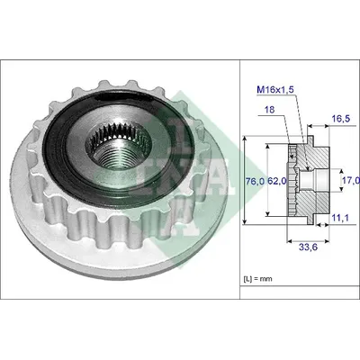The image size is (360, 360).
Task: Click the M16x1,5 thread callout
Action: click(x=274, y=89)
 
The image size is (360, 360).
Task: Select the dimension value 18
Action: click(x=269, y=110)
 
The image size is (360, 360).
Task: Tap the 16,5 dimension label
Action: click(x=341, y=119)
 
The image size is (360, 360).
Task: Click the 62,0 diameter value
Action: click(x=276, y=181)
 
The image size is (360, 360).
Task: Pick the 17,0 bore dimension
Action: click(x=351, y=180)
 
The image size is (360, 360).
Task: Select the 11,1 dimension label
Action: click(x=340, y=218)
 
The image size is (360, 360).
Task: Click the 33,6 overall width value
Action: click(x=308, y=247)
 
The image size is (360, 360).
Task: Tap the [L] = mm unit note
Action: click(x=258, y=279)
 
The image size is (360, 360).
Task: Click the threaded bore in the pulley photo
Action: click(x=119, y=146)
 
